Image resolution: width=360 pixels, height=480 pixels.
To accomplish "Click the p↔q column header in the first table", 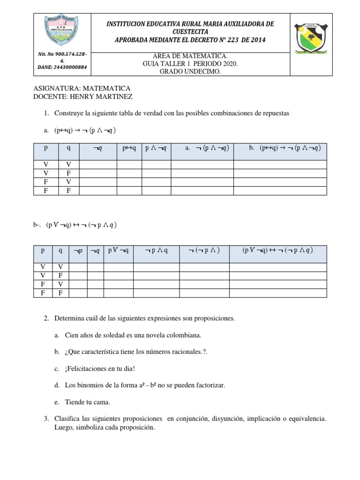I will [x=129, y=148].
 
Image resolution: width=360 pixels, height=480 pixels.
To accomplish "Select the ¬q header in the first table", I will [x=97, y=148].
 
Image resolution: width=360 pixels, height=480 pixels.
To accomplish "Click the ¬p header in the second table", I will [x=78, y=251].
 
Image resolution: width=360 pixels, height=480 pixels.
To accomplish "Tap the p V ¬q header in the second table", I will [x=118, y=250].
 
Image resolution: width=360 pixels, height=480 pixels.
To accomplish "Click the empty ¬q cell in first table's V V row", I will [x=97, y=165].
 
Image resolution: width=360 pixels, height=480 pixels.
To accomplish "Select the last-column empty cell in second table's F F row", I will [x=277, y=293].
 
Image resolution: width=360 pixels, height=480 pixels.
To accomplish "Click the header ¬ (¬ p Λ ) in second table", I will [x=204, y=250].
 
